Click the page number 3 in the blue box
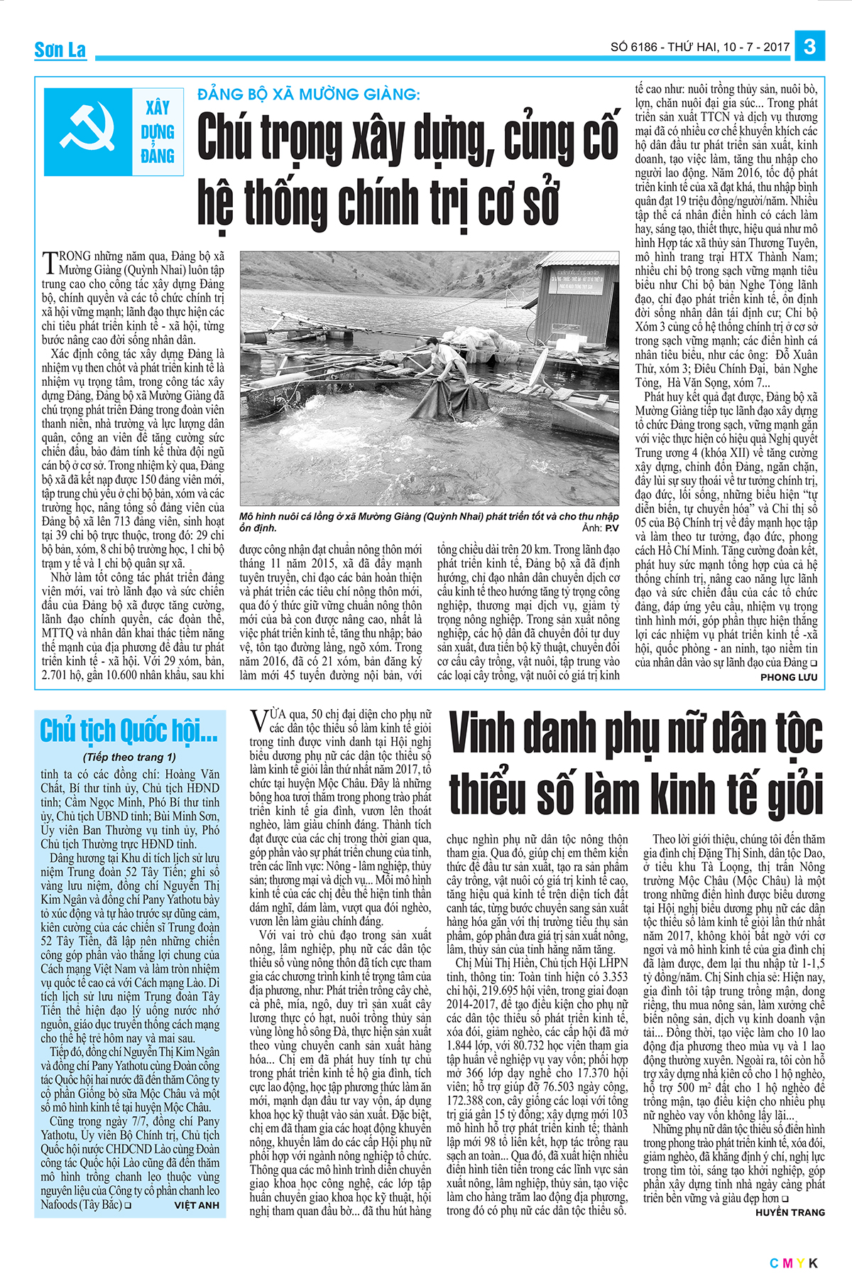(809, 47)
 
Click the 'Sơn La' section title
(60, 50)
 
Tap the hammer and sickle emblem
(88, 132)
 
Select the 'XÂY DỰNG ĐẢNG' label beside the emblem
(158, 132)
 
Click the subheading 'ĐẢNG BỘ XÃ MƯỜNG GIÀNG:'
(309, 95)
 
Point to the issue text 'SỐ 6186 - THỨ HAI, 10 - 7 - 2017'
(699, 47)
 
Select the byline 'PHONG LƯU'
(788, 677)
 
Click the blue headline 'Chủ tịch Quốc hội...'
(129, 730)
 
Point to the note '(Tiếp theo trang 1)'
(129, 757)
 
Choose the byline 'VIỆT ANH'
(197, 1205)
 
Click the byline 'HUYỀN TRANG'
(790, 1212)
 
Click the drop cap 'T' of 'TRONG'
(49, 262)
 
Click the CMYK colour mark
(794, 1263)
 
